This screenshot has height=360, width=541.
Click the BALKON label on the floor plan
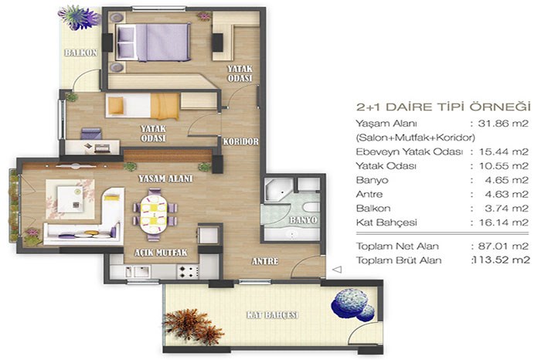(80, 53)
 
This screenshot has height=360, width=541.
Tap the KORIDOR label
(240, 141)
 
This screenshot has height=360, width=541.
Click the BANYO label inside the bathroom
(303, 220)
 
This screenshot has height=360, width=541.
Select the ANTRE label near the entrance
(265, 261)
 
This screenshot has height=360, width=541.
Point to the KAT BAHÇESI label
(272, 315)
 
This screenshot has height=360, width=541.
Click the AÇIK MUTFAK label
(161, 253)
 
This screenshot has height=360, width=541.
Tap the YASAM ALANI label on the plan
(165, 178)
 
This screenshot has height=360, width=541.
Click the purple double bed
(153, 42)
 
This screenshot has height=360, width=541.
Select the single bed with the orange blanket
(142, 106)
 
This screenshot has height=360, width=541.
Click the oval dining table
(154, 214)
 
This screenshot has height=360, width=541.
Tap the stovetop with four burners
(188, 272)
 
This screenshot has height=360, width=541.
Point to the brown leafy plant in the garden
(192, 326)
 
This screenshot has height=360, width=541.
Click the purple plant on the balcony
(79, 17)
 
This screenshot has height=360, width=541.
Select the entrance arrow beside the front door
(337, 269)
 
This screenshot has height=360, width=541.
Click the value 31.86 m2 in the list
(503, 124)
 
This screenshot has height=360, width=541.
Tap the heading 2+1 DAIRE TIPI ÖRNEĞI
(443, 107)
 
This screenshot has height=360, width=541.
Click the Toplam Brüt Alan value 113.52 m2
(502, 260)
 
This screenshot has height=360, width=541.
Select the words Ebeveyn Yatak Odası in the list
(409, 151)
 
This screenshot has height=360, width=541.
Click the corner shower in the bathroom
(279, 189)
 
